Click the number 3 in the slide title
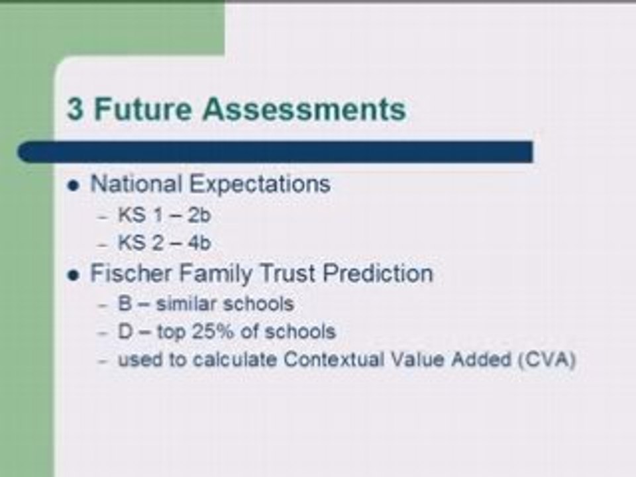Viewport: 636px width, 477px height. point(76,109)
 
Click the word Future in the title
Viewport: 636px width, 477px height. point(142,109)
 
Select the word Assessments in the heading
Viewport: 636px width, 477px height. point(304,109)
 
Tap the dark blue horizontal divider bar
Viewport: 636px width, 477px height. point(275,152)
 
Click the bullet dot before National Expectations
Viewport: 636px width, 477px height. point(74,186)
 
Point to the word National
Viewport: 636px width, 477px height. point(136,184)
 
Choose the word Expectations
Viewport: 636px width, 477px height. point(260,185)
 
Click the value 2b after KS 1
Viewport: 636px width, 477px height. point(199,215)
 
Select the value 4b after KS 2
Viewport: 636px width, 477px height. point(199,243)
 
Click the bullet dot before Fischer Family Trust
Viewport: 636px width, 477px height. point(74,276)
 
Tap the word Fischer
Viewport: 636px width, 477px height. point(131,273)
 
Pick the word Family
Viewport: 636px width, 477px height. point(215,274)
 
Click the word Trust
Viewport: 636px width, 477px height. point(288,273)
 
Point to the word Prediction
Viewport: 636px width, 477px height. point(378,273)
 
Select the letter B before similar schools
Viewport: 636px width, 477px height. point(125,304)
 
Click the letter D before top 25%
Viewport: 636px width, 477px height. point(125,331)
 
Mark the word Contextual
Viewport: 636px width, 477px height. point(333,359)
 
